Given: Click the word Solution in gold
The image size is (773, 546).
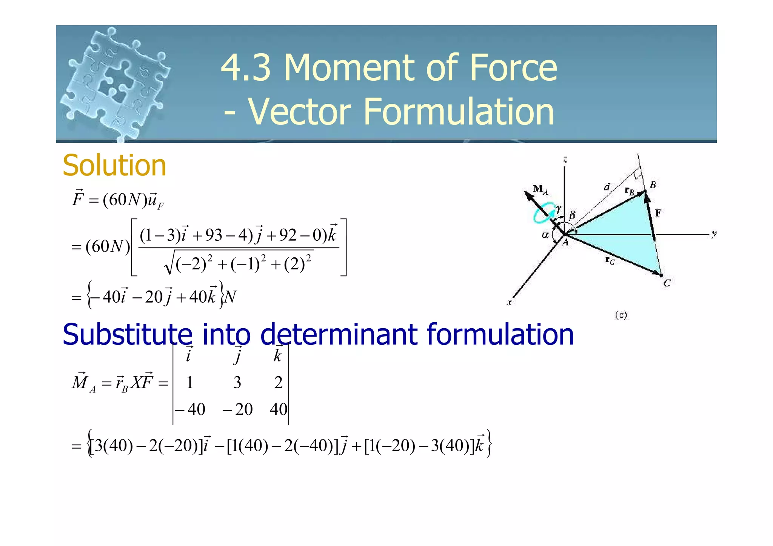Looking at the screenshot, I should [114, 166].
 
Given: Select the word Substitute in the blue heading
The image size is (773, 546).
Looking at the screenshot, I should [127, 335].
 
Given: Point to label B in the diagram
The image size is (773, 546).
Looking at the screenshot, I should [653, 185].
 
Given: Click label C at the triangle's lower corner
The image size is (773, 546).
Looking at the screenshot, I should [667, 283].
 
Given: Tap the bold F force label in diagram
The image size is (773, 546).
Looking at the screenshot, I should [658, 213].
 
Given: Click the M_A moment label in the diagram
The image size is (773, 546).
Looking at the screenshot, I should [540, 189].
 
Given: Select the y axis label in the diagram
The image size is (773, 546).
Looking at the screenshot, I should [713, 234].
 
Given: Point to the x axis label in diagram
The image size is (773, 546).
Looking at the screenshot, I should [509, 302].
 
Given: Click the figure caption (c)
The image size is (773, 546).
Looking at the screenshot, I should [621, 315].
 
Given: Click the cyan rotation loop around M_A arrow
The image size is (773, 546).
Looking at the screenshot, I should [543, 213].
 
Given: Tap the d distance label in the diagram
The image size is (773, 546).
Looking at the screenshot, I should [607, 187].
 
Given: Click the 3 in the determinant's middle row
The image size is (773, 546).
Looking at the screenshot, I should [237, 383].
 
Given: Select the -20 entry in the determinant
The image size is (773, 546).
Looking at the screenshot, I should [237, 409].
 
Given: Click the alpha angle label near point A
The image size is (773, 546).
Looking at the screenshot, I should [545, 235].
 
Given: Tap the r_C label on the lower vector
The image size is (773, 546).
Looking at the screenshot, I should [610, 260].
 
